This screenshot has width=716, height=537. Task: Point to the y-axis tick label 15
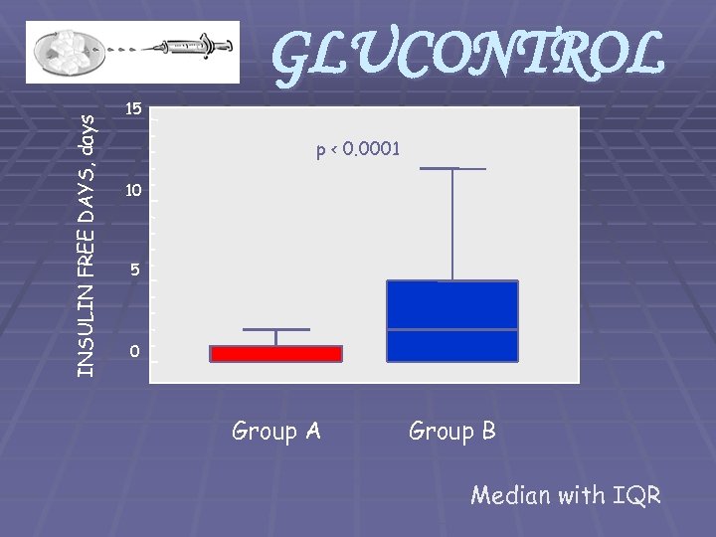pos(134,107)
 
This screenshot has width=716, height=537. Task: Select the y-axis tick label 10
pos(134,189)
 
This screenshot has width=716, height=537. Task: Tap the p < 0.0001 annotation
pos(358,150)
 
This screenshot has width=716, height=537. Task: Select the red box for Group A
pos(275,353)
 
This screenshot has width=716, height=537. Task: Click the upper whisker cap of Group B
pos(452,169)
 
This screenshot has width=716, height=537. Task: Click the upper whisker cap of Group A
pos(275,329)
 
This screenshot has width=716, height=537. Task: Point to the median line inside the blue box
pos(452,329)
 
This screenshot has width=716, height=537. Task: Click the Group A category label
pos(275,432)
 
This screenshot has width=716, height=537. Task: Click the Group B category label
pos(452,432)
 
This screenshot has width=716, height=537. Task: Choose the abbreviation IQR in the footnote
pos(636,495)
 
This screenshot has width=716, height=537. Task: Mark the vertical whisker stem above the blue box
pos(452,225)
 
